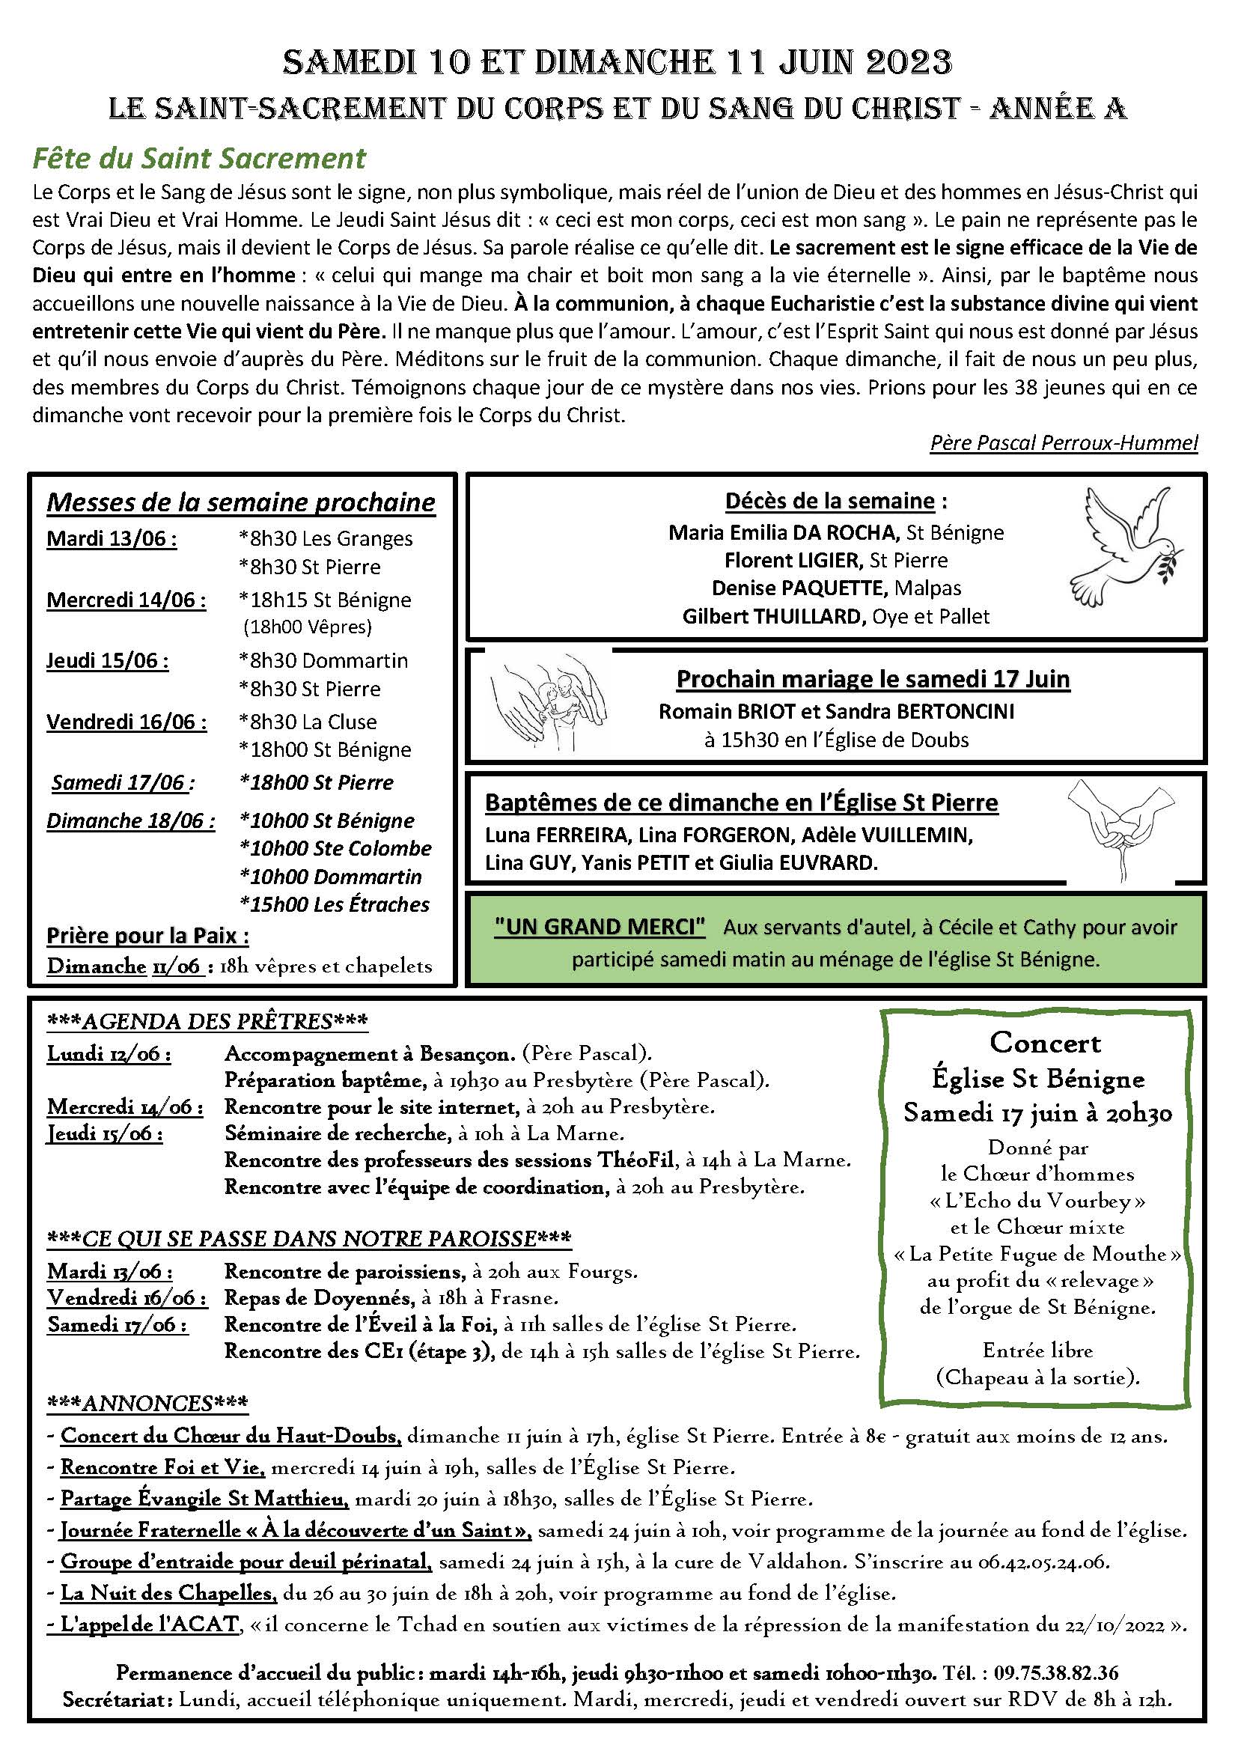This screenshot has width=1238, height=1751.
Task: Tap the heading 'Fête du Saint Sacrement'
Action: [199, 158]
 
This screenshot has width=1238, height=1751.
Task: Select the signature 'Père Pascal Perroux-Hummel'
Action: [1064, 442]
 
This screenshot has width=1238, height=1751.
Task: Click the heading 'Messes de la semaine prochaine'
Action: [241, 502]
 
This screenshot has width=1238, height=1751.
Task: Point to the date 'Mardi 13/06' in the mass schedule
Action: [112, 538]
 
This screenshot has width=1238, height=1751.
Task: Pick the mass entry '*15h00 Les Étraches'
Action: [335, 904]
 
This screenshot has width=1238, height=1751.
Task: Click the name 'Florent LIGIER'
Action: [792, 560]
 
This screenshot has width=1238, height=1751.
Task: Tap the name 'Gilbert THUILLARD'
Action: [771, 616]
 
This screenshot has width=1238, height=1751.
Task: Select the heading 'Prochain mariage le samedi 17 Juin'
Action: [873, 679]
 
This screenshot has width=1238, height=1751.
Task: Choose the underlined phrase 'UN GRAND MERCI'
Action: [600, 927]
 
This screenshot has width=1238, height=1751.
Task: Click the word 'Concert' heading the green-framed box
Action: [1045, 1043]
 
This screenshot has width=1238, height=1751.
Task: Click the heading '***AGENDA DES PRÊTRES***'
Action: [207, 1021]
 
